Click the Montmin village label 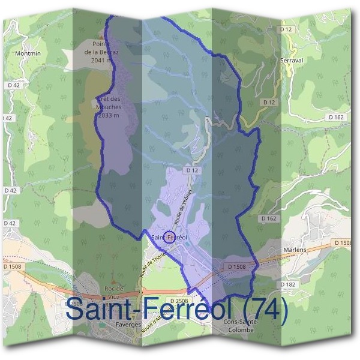point(28,53)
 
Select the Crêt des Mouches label point(108,103)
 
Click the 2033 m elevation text point(109,115)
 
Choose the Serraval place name point(292,61)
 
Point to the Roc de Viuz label point(113,292)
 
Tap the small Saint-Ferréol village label point(170,238)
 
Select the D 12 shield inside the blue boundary point(192,171)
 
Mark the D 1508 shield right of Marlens point(343,242)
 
